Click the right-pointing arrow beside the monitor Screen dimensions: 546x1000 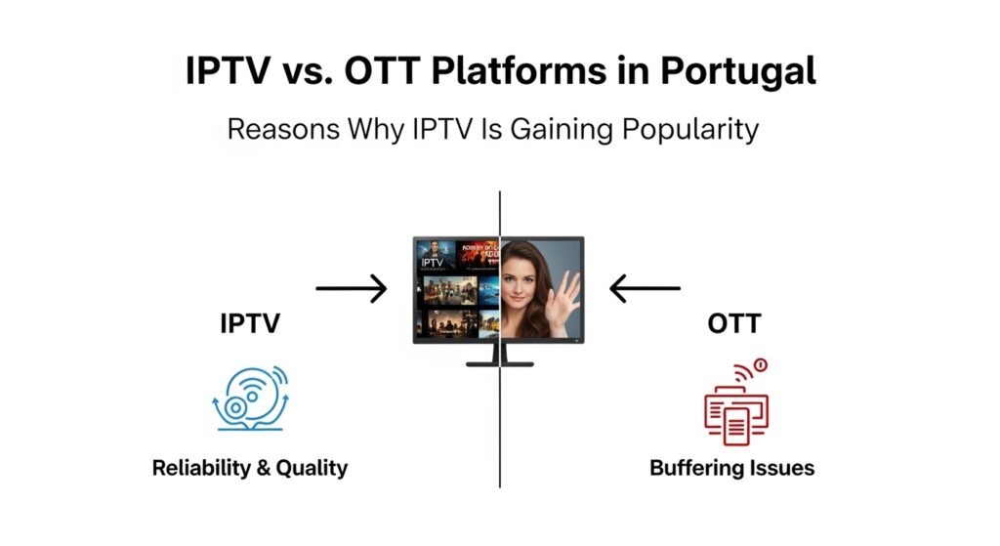tap(351, 288)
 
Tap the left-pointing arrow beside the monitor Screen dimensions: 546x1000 tap(645, 288)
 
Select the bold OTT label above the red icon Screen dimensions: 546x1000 tap(732, 324)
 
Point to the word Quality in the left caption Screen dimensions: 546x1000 tap(312, 468)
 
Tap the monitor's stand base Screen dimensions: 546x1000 tap(500, 363)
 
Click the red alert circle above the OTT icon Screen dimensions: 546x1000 tap(762, 365)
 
